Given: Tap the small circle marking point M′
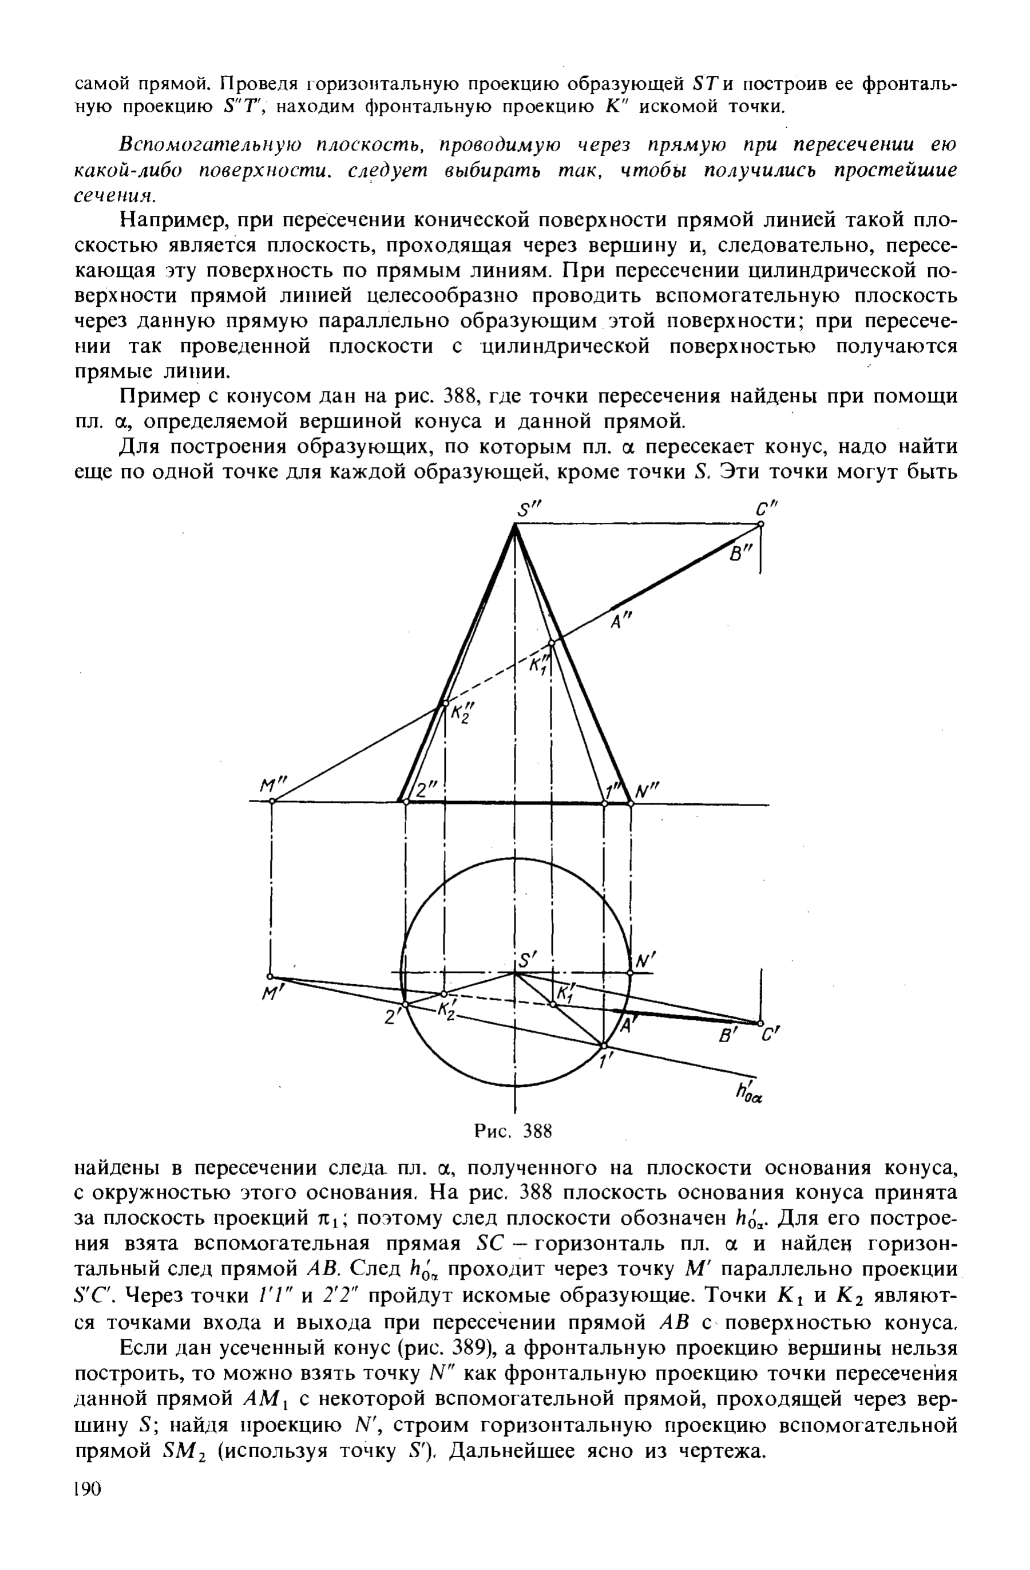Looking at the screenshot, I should pyautogui.click(x=270, y=976).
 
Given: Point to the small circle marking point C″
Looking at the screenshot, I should pyautogui.click(x=760, y=524).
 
